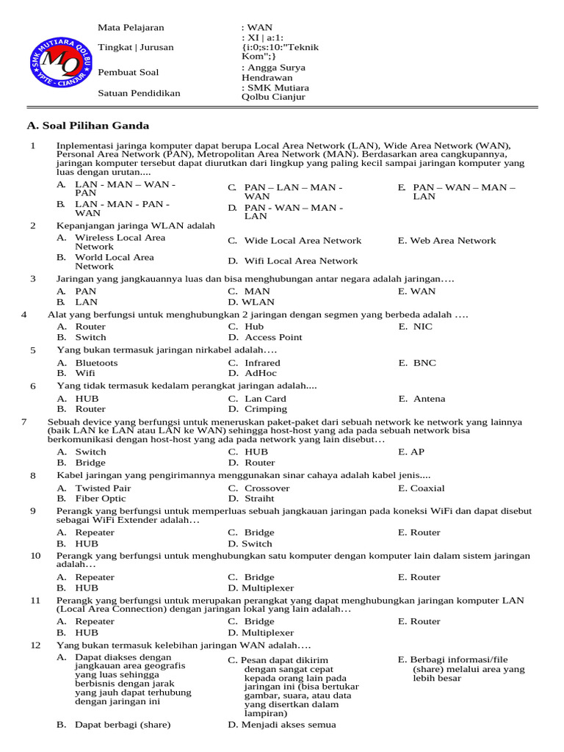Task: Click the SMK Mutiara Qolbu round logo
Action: [x=56, y=63]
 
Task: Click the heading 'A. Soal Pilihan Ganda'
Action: [x=87, y=126]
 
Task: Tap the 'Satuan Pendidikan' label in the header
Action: [x=139, y=93]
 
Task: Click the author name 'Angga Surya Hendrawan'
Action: [x=272, y=72]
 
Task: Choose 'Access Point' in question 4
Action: [x=272, y=337]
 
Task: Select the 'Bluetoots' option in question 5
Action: [x=95, y=363]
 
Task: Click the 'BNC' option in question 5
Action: [x=424, y=363]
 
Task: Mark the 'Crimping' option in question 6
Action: [x=266, y=409]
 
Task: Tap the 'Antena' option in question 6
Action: [x=428, y=399]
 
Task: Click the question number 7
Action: [x=24, y=422]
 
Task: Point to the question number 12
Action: [x=35, y=645]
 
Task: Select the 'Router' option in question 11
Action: [x=425, y=621]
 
